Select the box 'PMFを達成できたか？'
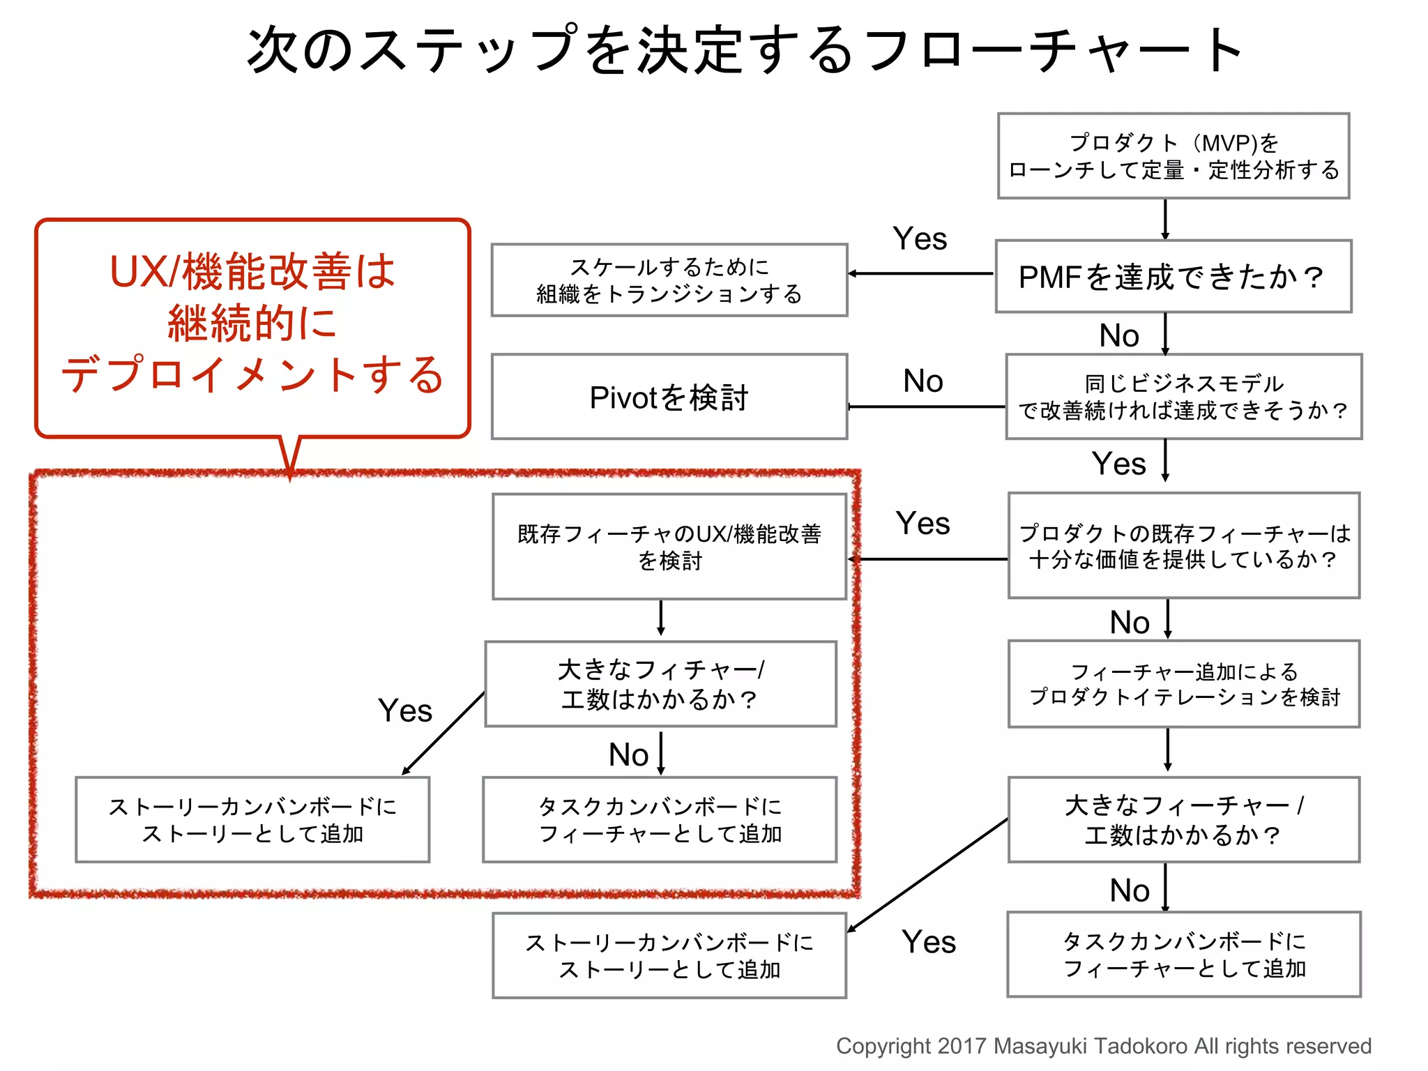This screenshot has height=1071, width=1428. click(x=1173, y=277)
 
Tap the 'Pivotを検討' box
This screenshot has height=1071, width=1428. click(x=669, y=397)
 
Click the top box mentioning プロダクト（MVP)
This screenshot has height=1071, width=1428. click(x=1173, y=156)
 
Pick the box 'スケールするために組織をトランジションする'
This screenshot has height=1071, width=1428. click(x=669, y=280)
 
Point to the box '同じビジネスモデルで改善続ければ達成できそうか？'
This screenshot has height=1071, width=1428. click(x=1183, y=397)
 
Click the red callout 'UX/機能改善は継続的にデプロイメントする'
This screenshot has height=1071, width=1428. click(x=252, y=324)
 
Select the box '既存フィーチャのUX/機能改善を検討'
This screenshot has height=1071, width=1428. click(x=669, y=547)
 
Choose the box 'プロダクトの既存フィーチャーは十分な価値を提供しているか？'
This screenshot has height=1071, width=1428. click(x=1183, y=546)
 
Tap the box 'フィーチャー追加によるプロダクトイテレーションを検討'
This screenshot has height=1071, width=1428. click(x=1183, y=684)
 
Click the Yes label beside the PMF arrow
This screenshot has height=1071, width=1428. click(x=920, y=239)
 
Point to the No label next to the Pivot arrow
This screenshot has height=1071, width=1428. click(x=922, y=381)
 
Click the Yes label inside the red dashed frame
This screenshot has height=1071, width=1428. click(x=405, y=711)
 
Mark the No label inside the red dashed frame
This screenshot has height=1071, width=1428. click(x=628, y=755)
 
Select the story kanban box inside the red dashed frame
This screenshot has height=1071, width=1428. click(x=252, y=820)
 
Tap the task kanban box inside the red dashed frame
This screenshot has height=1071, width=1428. click(x=660, y=820)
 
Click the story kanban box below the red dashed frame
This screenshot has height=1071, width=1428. click(x=669, y=956)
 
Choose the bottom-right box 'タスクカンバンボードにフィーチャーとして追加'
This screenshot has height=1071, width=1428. click(x=1183, y=955)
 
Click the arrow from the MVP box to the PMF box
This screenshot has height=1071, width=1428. click(x=1165, y=220)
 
